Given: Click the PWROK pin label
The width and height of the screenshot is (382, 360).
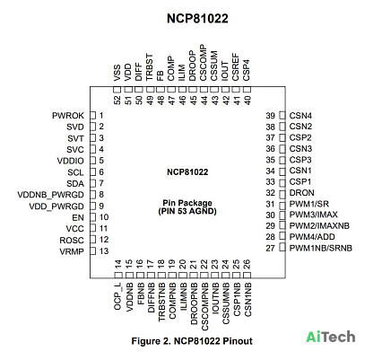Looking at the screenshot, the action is coord(68,116).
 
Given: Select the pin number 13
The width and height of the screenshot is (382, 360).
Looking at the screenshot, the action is coord(104,251).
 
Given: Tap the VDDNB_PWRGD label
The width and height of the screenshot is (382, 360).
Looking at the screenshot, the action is coord(51,195).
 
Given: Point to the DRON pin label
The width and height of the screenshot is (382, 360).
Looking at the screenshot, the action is coord(301,193).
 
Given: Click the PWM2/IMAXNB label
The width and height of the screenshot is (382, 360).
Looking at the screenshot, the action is coord(319,225).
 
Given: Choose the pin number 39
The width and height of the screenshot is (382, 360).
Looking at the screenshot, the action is coord(270,116).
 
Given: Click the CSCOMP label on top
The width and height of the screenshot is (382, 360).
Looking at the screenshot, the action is coord(204,63).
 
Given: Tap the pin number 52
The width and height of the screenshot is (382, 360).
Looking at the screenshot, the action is coord(117,100).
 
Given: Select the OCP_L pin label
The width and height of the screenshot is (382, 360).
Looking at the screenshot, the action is coord(117,296).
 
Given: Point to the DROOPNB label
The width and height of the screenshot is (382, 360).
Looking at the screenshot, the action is coord(194,303).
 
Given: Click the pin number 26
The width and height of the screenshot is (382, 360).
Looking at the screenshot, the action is coord(247,264).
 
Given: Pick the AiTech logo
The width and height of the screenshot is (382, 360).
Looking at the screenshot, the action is coord(331,337).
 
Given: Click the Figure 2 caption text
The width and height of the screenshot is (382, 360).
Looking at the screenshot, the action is coord(192,341).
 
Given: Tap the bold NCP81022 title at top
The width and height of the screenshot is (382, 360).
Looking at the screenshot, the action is coord(197,19).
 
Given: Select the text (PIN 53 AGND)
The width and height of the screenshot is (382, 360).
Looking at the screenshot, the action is coord(187,211).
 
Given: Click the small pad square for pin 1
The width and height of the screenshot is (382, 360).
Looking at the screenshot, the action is coord(93,116).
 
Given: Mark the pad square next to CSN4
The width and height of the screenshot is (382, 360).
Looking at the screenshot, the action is coord(282,116).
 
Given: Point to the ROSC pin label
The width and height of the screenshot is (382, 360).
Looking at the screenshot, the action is coord(72,241).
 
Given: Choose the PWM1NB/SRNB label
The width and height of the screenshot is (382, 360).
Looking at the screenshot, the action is coord(321,248).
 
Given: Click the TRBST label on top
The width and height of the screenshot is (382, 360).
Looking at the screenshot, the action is coord(149,67).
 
